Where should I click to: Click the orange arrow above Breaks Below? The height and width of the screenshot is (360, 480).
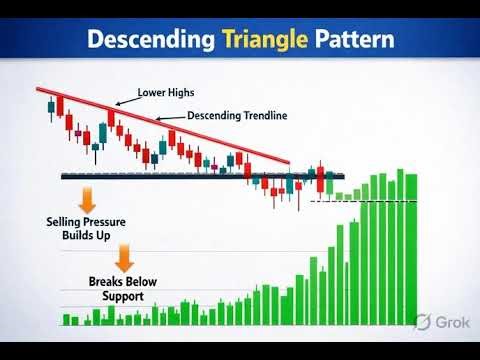tap(124, 258)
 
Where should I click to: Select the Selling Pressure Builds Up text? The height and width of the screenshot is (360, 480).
tap(85, 227)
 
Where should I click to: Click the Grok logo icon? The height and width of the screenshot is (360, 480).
tap(424, 322)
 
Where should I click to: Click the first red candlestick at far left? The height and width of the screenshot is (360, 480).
tap(51, 104)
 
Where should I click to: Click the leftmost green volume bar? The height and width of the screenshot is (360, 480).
tap(65, 320)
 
